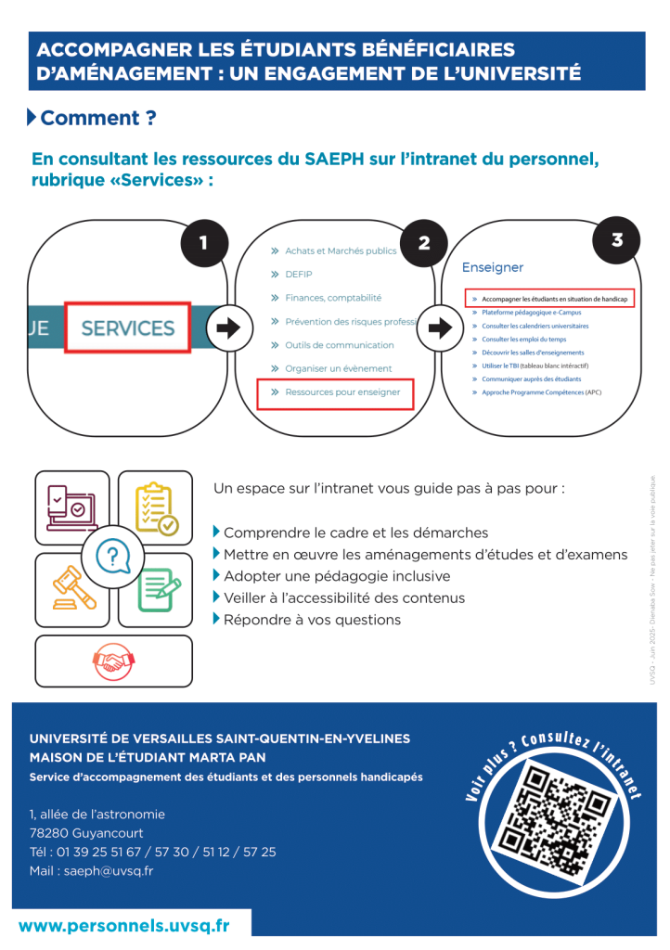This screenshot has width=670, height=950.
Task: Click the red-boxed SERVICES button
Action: coord(127,327)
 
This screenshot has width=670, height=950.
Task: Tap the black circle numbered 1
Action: coord(203,243)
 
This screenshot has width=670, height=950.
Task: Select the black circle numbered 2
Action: coord(424,243)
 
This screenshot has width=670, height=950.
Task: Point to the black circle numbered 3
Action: coord(617,240)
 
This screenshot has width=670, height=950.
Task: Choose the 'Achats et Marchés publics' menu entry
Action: coord(341,250)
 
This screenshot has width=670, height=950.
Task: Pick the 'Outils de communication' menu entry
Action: coord(339,345)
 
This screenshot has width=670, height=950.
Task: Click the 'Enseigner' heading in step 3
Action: coord(493,267)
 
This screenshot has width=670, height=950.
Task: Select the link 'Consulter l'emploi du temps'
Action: coord(524,340)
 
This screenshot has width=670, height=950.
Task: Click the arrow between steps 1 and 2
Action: coord(223,327)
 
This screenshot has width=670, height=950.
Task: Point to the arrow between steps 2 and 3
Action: coord(439,327)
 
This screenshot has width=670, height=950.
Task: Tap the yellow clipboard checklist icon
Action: coord(155,507)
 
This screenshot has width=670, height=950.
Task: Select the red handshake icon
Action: coord(113,661)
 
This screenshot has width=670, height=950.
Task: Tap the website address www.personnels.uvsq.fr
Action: coord(123,925)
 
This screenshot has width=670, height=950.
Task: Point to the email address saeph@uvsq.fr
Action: coord(109,870)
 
